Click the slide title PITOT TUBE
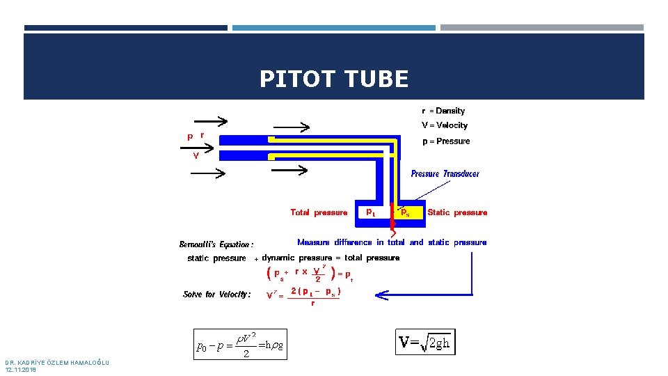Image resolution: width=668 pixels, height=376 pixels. click(x=334, y=79)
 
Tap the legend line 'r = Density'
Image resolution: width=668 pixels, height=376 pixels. click(x=443, y=111)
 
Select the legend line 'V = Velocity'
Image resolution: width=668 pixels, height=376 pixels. click(x=445, y=125)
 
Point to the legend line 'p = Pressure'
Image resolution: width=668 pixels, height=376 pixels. click(x=446, y=141)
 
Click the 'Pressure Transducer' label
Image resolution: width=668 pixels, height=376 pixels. click(x=445, y=173)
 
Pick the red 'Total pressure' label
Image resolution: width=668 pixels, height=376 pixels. click(x=319, y=212)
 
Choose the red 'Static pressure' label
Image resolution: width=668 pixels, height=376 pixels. click(x=457, y=212)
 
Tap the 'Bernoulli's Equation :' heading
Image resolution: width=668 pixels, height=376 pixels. click(x=216, y=244)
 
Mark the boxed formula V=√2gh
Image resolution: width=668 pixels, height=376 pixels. click(x=425, y=342)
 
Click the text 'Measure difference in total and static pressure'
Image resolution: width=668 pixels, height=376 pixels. click(x=392, y=242)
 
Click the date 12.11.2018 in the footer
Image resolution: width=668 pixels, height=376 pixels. click(x=20, y=370)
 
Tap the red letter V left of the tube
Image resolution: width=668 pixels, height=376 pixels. click(x=196, y=155)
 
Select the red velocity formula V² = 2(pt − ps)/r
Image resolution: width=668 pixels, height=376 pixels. click(x=304, y=295)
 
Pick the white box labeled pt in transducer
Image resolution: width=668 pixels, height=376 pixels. click(x=369, y=212)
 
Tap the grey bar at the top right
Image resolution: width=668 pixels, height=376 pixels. click(x=541, y=28)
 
